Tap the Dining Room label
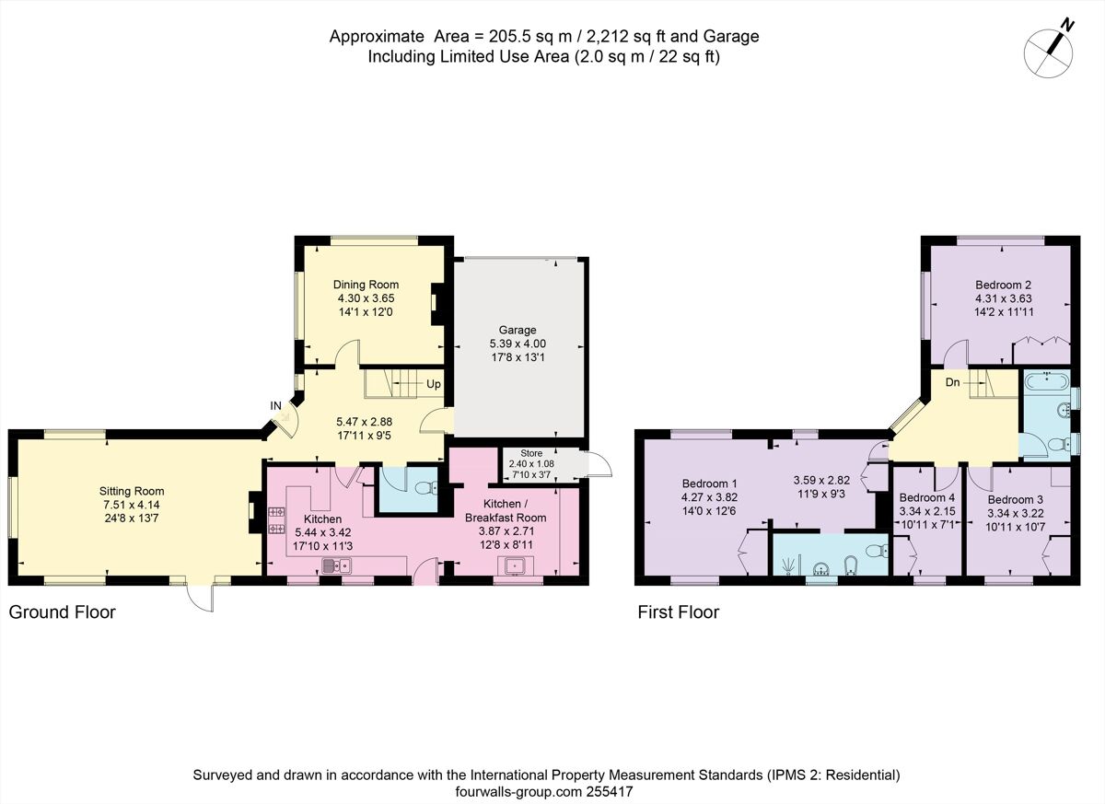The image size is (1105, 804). tap(367, 285)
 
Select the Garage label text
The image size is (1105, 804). tap(518, 330)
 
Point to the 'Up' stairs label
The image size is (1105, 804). tap(433, 383)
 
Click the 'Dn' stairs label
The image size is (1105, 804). tap(953, 381)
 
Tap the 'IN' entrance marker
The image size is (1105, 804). tap(275, 404)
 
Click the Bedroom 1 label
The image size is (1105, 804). tap(709, 483)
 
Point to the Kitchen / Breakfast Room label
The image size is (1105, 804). tap(506, 510)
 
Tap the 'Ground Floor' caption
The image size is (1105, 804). tap(62, 612)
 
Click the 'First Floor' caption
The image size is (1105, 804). tap(679, 612)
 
